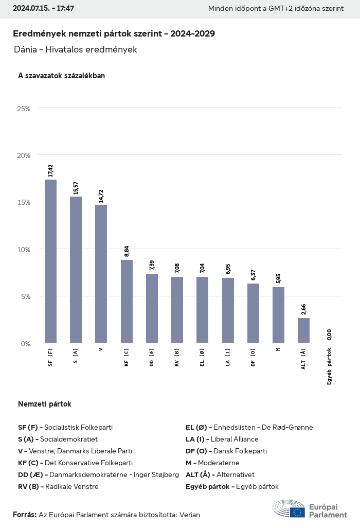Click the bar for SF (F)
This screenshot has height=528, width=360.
click(50, 261)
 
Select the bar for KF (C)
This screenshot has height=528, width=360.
click(127, 301)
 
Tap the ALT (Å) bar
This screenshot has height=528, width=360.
click(303, 330)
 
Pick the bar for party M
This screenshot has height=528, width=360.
click(278, 315)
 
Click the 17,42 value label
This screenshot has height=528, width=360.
click(50, 171)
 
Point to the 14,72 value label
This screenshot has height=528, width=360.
click(101, 196)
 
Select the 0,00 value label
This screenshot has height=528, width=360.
click(329, 335)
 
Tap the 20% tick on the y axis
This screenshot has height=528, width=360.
click(24, 155)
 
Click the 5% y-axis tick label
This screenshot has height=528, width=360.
click(25, 296)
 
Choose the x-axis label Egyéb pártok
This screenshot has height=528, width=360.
click(329, 366)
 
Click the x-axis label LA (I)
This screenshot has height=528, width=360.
click(228, 357)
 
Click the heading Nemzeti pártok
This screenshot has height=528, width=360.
click(44, 404)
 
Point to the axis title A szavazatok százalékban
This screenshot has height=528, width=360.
click(61, 76)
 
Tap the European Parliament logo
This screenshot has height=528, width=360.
click(310, 508)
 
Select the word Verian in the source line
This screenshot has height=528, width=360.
click(189, 515)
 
